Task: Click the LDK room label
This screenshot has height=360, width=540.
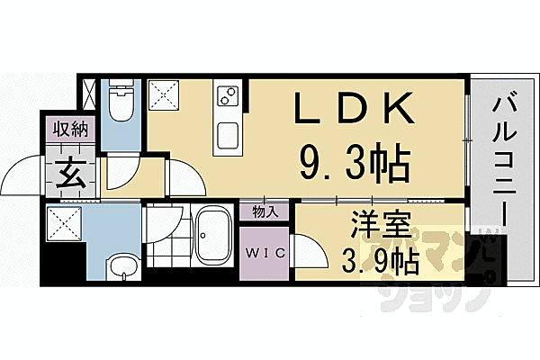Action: pyautogui.click(x=355, y=111)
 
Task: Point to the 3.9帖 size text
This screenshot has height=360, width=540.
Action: pyautogui.click(x=379, y=262)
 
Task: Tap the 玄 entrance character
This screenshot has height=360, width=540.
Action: pyautogui.click(x=72, y=172)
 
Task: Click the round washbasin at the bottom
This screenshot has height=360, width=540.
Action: pyautogui.click(x=121, y=265)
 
